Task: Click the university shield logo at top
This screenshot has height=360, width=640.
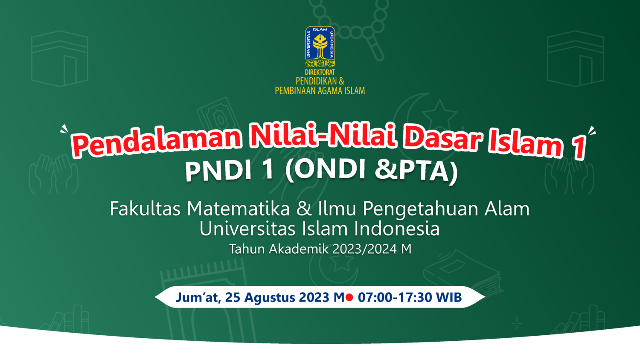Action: pos(320,43)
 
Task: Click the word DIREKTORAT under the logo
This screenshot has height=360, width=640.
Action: pos(320,73)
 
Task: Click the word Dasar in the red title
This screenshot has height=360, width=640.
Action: pos(442,139)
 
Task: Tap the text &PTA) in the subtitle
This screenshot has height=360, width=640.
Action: pos(416,171)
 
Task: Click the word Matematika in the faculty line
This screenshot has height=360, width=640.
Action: pos(238,209)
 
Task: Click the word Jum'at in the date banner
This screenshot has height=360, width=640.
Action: pos(198,297)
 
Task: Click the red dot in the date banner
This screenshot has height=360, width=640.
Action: pos(349,297)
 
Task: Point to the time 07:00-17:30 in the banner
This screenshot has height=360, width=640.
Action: pos(395,297)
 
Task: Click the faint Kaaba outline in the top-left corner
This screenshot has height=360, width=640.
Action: pos(60,59)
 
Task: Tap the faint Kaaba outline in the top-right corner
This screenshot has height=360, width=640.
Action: pos(575,59)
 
